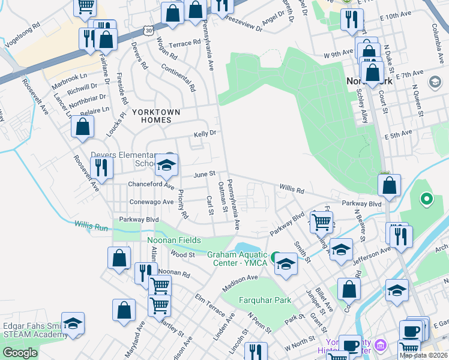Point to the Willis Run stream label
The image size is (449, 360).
point(91,226)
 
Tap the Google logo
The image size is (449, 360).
point(20,353)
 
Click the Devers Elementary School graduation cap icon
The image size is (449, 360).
point(166,166)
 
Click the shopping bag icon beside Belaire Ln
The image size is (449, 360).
point(82,126)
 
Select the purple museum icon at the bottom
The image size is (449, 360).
point(379,346)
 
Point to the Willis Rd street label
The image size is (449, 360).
point(292,190)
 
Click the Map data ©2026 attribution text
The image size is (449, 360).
point(423,355)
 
